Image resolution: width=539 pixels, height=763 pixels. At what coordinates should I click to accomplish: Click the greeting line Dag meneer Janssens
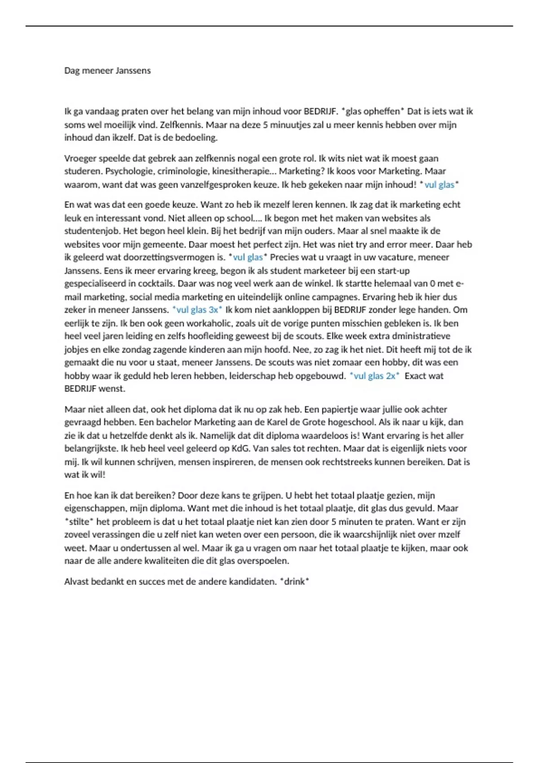(107, 70)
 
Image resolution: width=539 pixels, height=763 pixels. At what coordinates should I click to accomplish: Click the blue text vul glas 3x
(198, 310)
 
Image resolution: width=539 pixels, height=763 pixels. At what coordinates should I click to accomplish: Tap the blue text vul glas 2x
(375, 376)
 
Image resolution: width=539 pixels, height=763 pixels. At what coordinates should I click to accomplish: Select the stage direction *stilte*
(79, 522)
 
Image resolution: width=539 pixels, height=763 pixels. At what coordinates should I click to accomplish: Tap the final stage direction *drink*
(295, 582)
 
